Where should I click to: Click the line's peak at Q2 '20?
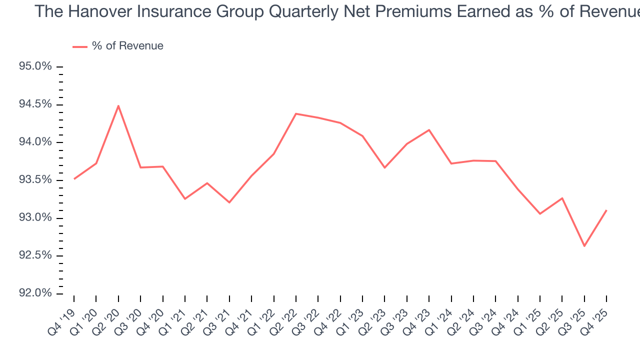coord(118,105)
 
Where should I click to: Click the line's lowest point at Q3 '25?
coord(584,246)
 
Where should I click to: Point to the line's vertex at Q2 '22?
coord(296,114)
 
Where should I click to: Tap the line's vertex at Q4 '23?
coord(429,130)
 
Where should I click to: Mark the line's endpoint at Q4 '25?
coord(606,210)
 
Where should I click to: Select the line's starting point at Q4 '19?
coord(74,178)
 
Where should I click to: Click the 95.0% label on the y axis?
coord(34,66)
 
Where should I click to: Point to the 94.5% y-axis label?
coord(34,104)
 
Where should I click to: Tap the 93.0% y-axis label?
coord(34,217)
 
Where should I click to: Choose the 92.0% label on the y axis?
coord(34,293)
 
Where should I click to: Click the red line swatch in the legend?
coord(80,46)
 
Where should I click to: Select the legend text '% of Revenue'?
coord(127,46)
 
